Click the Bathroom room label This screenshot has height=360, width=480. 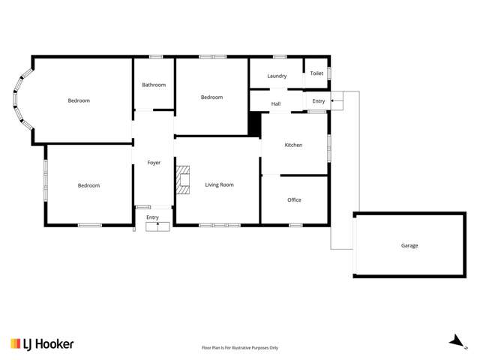154,85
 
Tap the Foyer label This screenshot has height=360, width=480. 153,162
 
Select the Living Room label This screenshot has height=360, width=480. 220,184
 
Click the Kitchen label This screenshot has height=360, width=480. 293,145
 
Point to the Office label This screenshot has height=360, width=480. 294,199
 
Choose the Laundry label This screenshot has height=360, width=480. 277,76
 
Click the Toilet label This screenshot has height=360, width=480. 316,73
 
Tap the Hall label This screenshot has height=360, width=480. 276,103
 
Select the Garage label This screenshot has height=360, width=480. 409,245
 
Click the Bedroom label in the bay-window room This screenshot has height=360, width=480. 79,100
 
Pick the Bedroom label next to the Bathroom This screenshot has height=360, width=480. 211,97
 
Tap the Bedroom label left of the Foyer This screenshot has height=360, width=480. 88,185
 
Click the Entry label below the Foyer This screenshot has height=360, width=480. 153,217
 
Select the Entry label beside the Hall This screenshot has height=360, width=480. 319,100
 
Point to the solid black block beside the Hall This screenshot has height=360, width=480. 254,124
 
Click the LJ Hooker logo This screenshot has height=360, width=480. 42,343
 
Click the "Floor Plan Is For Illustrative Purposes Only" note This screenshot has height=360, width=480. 240,347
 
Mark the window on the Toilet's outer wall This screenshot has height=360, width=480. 329,73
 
